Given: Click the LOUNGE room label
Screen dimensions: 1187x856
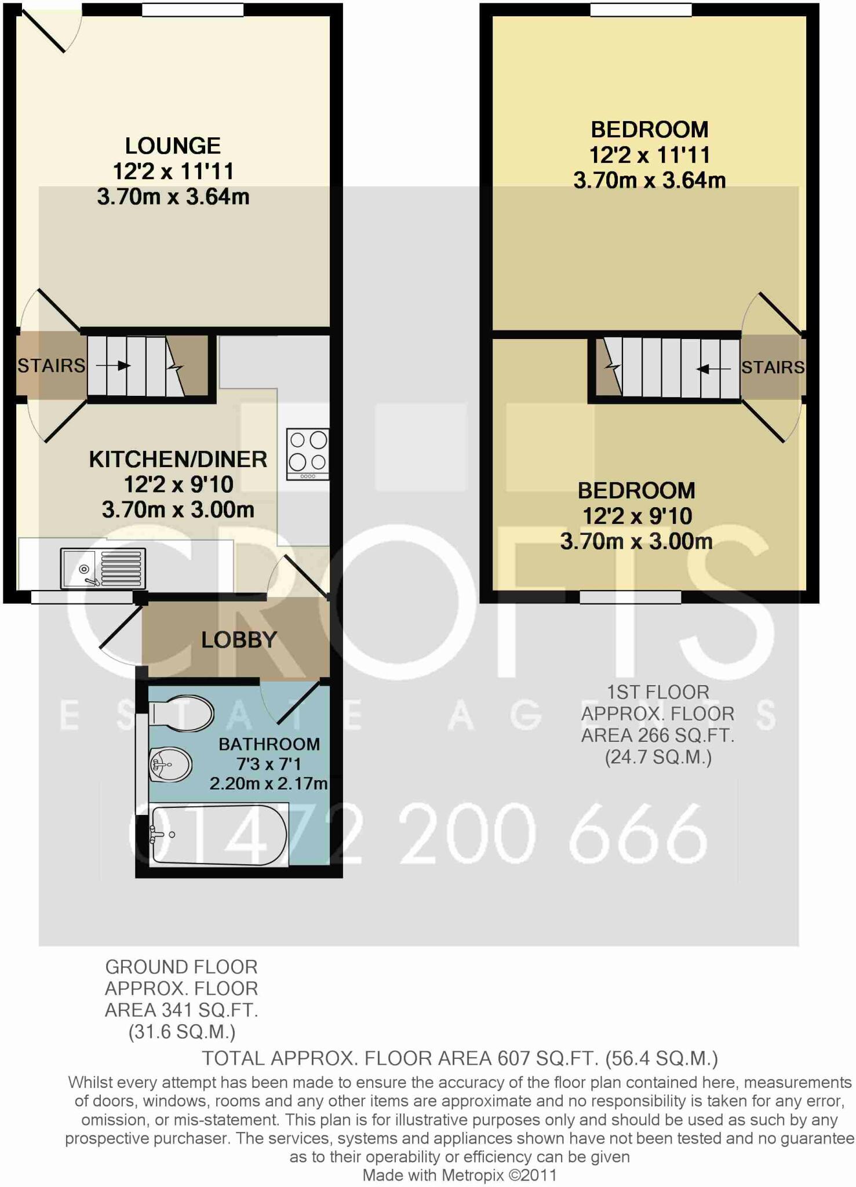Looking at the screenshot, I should (x=173, y=145).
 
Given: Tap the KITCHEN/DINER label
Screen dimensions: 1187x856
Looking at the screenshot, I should (x=178, y=459).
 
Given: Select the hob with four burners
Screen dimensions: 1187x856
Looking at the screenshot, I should (x=308, y=454).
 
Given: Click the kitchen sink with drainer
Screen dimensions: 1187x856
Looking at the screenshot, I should (x=103, y=568).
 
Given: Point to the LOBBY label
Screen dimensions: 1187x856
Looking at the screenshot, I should (x=239, y=640).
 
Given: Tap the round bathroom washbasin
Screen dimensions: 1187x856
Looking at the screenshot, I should (x=170, y=764).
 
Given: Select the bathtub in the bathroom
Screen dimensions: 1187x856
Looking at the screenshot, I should (x=218, y=835).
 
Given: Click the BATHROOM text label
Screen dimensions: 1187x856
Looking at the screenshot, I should (x=269, y=744).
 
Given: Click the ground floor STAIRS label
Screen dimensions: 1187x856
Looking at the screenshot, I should (x=51, y=366).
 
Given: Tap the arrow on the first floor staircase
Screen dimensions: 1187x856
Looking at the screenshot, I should (x=712, y=369).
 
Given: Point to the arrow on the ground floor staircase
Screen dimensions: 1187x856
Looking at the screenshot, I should (x=113, y=366).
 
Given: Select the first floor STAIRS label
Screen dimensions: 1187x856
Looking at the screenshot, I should (x=773, y=367).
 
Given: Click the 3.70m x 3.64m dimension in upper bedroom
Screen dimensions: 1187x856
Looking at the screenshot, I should (x=649, y=180).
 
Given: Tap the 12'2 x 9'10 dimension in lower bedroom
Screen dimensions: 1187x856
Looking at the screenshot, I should (x=636, y=516).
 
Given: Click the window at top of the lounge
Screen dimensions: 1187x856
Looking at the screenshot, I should (x=193, y=10).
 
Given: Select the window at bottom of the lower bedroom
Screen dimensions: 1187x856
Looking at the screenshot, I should (x=630, y=597).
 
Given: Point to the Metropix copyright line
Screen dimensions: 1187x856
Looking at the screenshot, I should (x=459, y=1175).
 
